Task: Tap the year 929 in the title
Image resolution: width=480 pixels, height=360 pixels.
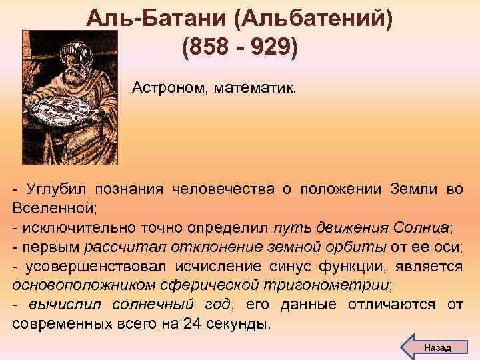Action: coord(273,48)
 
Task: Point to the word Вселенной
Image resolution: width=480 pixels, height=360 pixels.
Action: coord(54,209)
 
